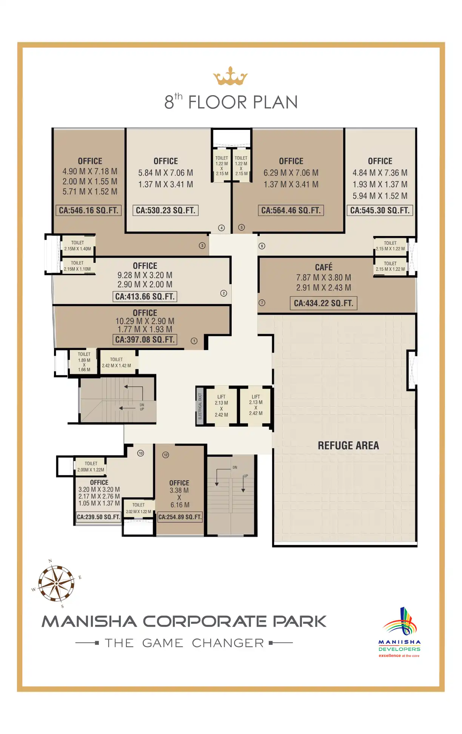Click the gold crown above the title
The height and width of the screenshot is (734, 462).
(x=230, y=76)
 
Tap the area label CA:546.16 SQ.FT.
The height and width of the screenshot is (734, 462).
(x=89, y=210)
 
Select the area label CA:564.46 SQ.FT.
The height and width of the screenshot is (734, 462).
(x=291, y=210)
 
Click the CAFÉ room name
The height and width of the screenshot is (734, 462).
(x=324, y=267)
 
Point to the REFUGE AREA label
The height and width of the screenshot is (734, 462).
(x=348, y=446)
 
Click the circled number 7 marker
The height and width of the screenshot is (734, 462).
(x=262, y=303)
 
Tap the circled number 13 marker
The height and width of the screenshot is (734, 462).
(x=141, y=453)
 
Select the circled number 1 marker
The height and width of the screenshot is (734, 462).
(x=194, y=341)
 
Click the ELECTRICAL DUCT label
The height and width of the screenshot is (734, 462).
(x=200, y=406)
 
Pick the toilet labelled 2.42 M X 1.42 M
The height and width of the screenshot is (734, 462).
(x=116, y=362)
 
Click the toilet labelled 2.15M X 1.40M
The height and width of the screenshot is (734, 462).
(x=77, y=246)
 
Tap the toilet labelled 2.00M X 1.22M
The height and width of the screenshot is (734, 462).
(x=91, y=467)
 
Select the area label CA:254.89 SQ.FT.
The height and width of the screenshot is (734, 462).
(x=180, y=517)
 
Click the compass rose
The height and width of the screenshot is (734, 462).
(x=57, y=583)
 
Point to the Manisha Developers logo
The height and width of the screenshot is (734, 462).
(x=399, y=632)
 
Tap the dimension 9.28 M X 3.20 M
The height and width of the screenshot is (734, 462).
(x=145, y=275)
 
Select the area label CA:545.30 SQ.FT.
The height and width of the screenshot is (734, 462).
(x=380, y=210)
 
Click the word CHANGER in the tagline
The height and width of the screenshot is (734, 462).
(x=228, y=643)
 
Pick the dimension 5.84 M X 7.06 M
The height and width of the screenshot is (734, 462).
(x=166, y=173)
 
